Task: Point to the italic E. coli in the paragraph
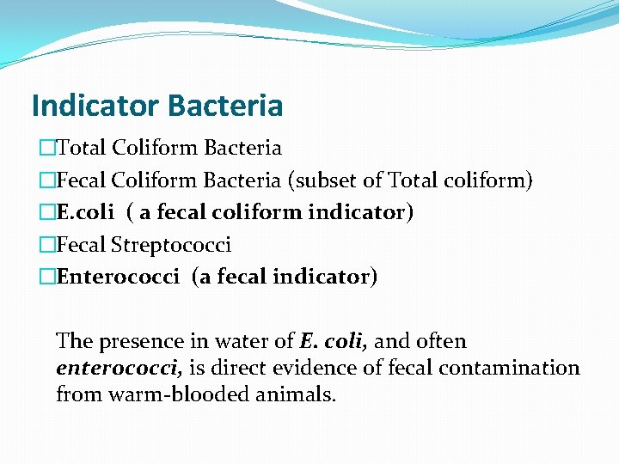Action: coord(334,342)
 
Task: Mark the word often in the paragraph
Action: coord(442,342)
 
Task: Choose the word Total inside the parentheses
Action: coord(414,180)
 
